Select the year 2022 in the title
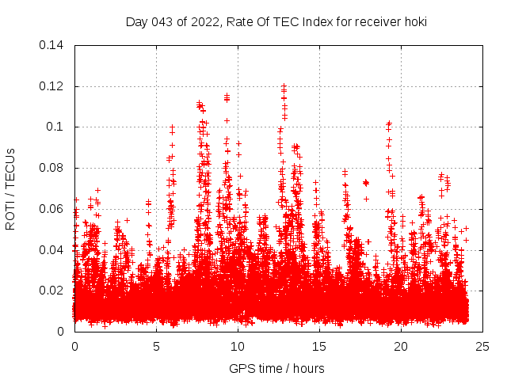(197, 22)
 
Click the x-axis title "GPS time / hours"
(276, 368)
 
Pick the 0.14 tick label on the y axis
(52, 45)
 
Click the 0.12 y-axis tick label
(52, 86)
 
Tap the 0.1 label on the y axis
(56, 127)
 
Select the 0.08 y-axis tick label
(52, 168)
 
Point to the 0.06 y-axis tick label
(52, 209)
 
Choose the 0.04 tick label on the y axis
(52, 250)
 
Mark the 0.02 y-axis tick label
(52, 291)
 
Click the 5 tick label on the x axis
(156, 346)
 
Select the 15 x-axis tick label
(319, 346)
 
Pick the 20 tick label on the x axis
(401, 346)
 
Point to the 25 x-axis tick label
(482, 346)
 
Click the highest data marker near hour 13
(284, 85)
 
